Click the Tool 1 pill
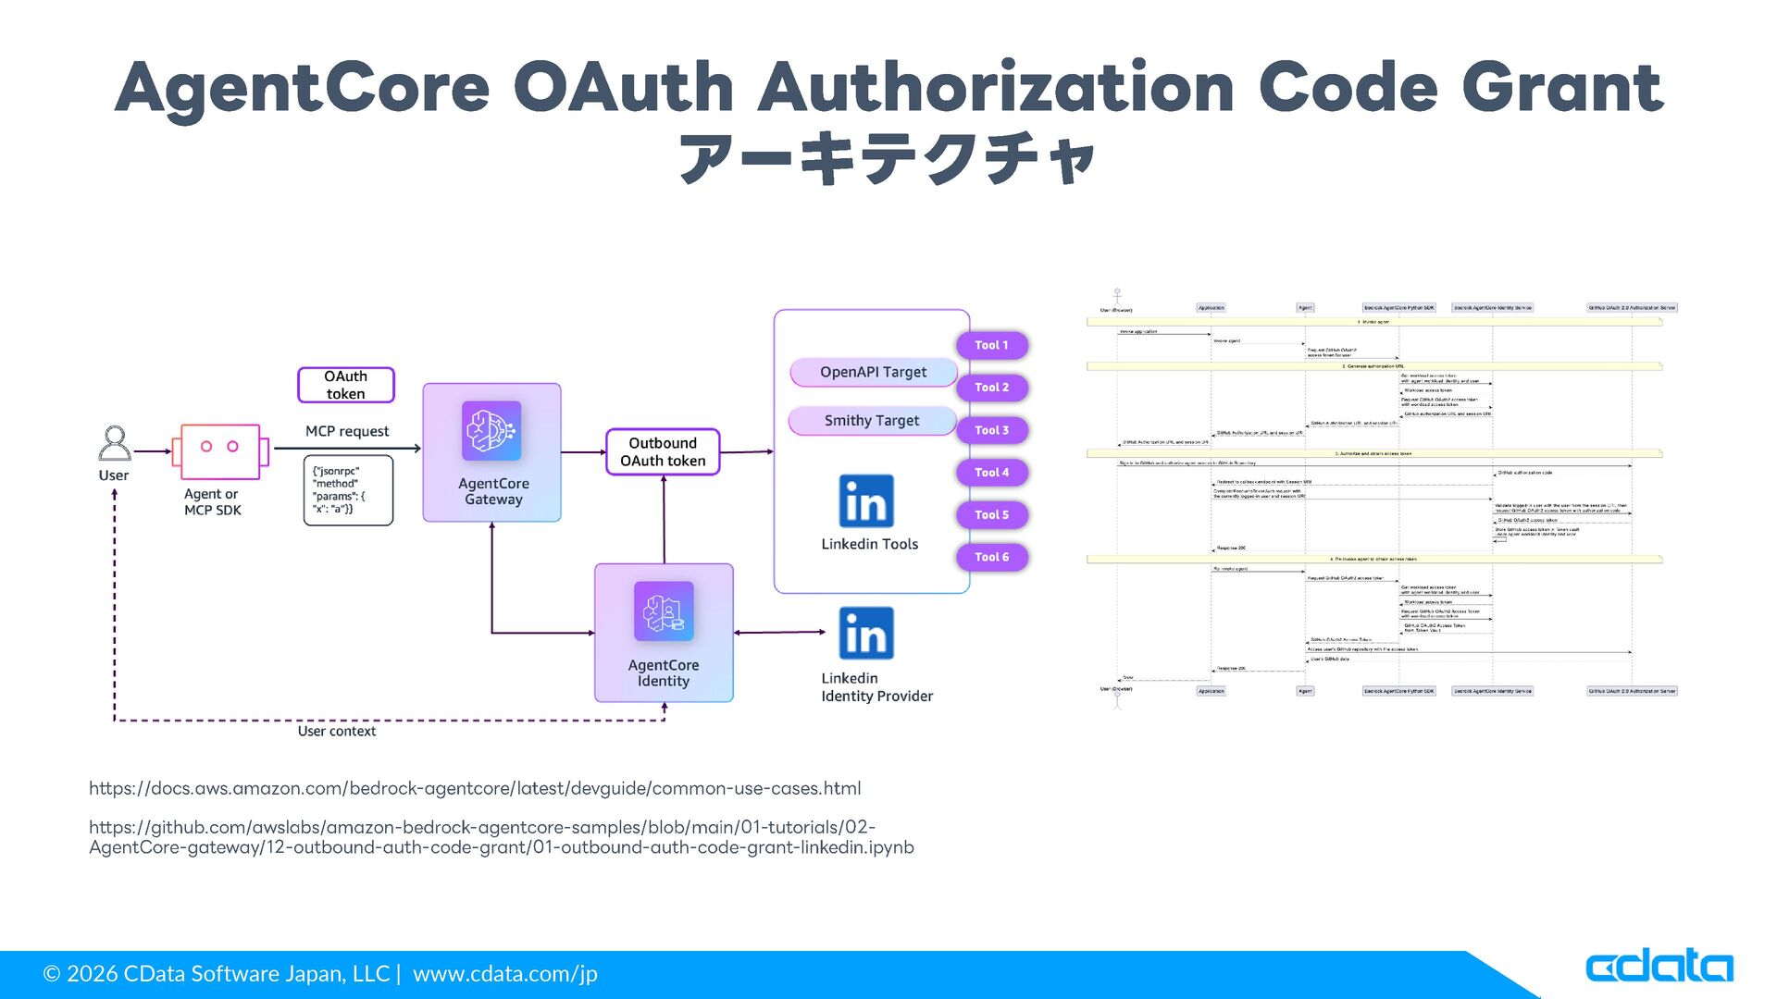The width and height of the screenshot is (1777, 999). (991, 345)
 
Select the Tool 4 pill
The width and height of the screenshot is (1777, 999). (991, 473)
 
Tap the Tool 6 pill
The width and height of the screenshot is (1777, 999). (991, 557)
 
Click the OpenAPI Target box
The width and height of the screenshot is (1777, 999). (873, 372)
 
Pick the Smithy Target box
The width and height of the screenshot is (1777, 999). (871, 421)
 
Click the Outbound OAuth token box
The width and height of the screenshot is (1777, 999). (663, 452)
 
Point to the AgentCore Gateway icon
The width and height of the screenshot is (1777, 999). (491, 431)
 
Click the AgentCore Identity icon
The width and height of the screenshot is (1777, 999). (664, 611)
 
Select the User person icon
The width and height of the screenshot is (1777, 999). (115, 443)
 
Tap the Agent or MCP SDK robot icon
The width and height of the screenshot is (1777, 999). (219, 450)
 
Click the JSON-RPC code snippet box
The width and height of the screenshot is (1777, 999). (348, 490)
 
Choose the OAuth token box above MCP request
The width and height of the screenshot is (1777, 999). (345, 385)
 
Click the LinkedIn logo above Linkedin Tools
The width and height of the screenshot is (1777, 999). (866, 501)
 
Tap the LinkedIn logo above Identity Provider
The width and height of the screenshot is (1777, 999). (866, 634)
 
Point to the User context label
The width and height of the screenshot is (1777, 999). (336, 732)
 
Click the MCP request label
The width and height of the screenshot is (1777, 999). (347, 431)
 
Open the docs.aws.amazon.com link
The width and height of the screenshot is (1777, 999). (475, 789)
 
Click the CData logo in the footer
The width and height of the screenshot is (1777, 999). (1659, 968)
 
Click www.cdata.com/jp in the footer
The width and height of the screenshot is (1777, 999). (505, 974)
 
